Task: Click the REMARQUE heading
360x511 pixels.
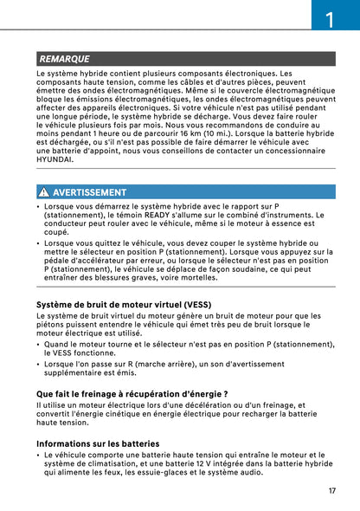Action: pyautogui.click(x=65, y=59)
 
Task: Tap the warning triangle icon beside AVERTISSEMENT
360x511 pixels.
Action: pyautogui.click(x=43, y=192)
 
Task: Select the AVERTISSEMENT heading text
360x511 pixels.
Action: pyautogui.click(x=89, y=192)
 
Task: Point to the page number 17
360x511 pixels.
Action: pyautogui.click(x=331, y=490)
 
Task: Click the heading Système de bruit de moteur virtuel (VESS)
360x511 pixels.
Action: pyautogui.click(x=122, y=305)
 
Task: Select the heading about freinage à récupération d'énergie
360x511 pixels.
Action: pyautogui.click(x=132, y=394)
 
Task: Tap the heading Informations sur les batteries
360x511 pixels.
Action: pyautogui.click(x=98, y=443)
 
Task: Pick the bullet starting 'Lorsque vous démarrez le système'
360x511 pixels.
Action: pyautogui.click(x=40, y=207)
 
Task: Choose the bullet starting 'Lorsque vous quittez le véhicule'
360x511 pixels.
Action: pyautogui.click(x=40, y=244)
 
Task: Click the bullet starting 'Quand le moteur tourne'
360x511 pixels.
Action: pyautogui.click(x=40, y=344)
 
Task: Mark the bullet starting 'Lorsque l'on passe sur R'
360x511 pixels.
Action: pyautogui.click(x=40, y=364)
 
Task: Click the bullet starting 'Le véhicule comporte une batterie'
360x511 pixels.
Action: pyautogui.click(x=40, y=455)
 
